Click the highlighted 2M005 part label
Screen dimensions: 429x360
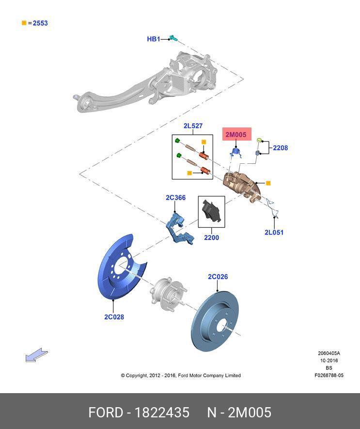[235, 135]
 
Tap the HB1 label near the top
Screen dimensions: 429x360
[153, 39]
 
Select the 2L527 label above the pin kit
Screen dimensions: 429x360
[193, 126]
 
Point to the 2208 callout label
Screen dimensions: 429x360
[280, 148]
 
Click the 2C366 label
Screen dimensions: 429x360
[175, 198]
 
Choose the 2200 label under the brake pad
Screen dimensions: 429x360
[211, 238]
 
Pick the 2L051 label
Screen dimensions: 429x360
[274, 232]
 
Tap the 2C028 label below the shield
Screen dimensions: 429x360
[114, 317]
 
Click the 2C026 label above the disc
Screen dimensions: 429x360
[218, 277]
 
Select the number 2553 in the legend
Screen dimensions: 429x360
[41, 23]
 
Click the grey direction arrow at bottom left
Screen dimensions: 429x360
[36, 356]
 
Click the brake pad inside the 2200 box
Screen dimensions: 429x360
[212, 211]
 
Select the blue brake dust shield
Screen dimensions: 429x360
[119, 269]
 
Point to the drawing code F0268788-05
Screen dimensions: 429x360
[329, 375]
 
